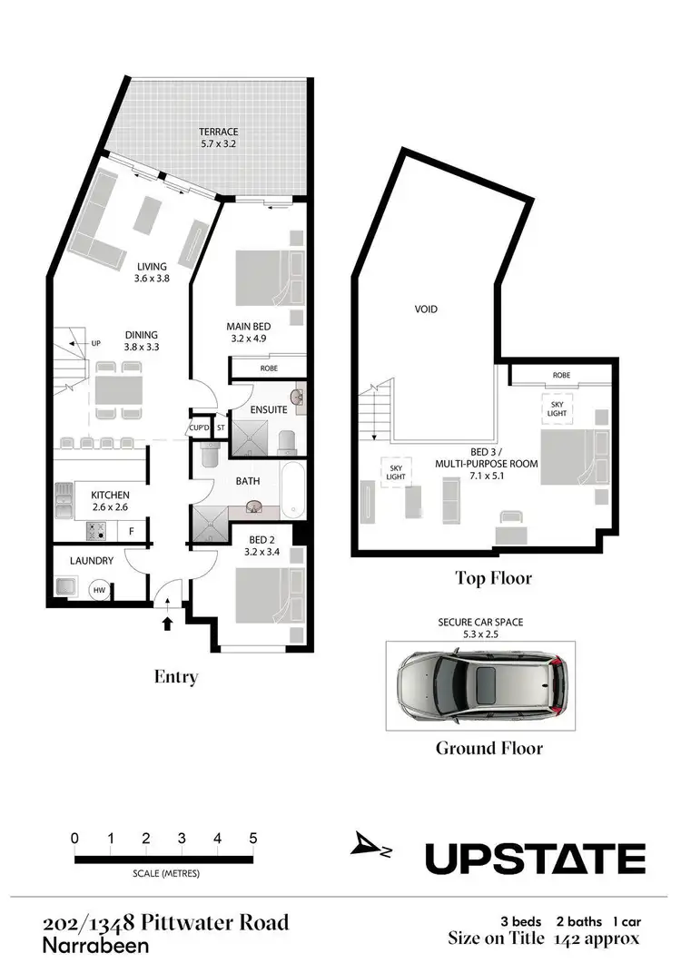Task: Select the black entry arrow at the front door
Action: pos(166,623)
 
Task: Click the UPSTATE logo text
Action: pos(536,859)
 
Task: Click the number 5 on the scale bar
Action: pos(253,838)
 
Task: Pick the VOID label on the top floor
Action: pos(426,310)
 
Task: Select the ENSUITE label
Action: pos(269,409)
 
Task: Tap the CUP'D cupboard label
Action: pos(200,427)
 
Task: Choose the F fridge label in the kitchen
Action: pos(132,531)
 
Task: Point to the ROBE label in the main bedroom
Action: pos(269,368)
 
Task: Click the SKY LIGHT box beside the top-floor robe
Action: pos(556,408)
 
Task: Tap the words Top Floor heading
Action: pos(493,578)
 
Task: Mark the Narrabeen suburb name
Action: pos(87,945)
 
